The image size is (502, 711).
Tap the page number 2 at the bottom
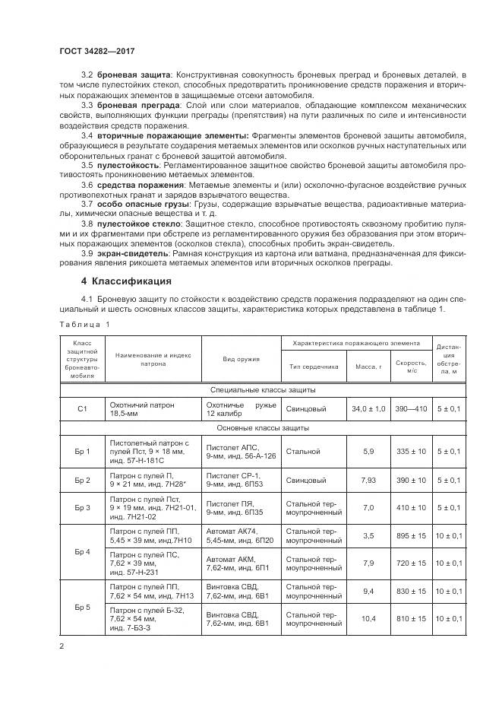[x=61, y=646]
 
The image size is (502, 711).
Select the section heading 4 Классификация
[x=121, y=280]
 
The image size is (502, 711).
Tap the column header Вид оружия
[x=242, y=359]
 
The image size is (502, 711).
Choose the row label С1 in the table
[x=83, y=409]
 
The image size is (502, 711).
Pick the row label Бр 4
[x=83, y=551]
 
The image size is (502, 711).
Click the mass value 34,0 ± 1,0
[x=368, y=409]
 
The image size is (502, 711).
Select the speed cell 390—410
[x=411, y=409]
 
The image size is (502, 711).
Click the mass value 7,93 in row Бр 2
[x=368, y=481]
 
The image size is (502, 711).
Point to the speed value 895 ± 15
[x=411, y=535]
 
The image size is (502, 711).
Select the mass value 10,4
[x=368, y=619]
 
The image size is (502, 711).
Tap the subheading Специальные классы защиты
[x=263, y=390]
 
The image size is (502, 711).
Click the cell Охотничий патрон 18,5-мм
[x=153, y=409]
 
